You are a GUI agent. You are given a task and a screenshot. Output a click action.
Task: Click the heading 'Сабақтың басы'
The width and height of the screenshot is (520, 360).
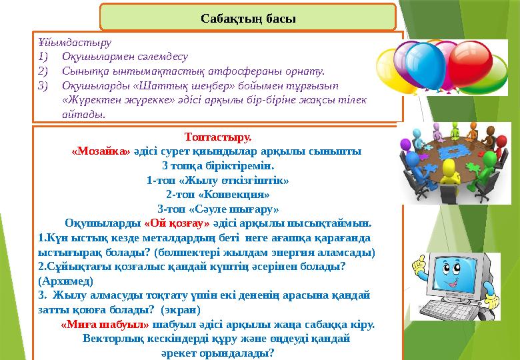pyautogui.click(x=248, y=17)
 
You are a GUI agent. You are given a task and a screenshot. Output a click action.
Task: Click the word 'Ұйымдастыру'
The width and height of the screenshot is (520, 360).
pyautogui.click(x=67, y=42)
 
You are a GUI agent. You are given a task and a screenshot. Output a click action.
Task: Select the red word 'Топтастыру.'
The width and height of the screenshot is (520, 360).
pyautogui.click(x=218, y=138)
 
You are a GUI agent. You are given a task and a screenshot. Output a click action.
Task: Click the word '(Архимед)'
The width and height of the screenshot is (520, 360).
pyautogui.click(x=63, y=281)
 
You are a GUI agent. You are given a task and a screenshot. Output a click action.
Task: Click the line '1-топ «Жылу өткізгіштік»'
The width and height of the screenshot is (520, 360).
pyautogui.click(x=218, y=180)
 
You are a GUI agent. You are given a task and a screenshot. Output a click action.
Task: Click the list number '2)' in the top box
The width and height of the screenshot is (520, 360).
pyautogui.click(x=44, y=71)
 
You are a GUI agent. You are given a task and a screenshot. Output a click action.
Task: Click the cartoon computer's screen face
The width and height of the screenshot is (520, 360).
pyautogui.click(x=443, y=276)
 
